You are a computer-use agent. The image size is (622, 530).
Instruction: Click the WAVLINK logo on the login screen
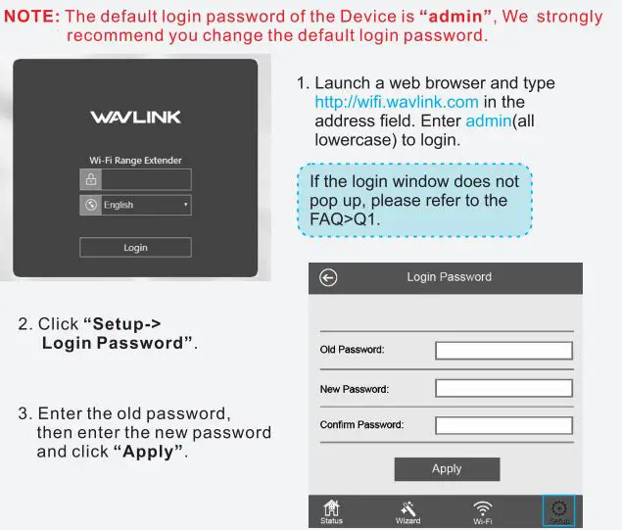click(135, 118)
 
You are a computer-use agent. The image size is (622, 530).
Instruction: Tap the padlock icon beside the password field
click(91, 179)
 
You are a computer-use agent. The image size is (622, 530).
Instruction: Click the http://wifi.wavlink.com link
click(397, 102)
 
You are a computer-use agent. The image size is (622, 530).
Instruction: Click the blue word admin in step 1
click(488, 120)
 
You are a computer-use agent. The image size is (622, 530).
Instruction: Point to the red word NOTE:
click(32, 17)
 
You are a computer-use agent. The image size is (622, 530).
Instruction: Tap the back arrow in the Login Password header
click(328, 278)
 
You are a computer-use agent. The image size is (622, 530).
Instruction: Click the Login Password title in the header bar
click(449, 277)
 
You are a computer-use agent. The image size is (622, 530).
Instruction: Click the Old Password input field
click(503, 350)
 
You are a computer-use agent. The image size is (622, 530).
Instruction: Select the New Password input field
click(503, 388)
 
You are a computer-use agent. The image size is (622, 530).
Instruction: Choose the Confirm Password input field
click(503, 425)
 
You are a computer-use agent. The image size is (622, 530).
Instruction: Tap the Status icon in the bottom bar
click(332, 510)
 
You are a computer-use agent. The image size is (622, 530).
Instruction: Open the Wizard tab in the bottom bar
click(408, 510)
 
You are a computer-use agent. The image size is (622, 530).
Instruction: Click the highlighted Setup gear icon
click(559, 509)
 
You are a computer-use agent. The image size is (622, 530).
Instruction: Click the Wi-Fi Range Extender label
click(135, 161)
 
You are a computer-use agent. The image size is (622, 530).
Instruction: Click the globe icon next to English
click(91, 205)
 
